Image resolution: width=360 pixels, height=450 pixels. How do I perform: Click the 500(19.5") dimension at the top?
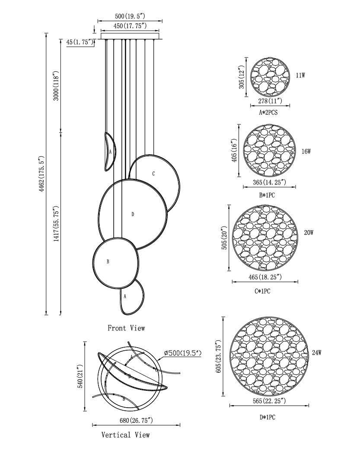130,16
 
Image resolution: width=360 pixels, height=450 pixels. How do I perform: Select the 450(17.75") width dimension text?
130,25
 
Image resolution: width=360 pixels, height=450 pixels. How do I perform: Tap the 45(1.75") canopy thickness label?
80,42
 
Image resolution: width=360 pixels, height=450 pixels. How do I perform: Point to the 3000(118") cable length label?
56,86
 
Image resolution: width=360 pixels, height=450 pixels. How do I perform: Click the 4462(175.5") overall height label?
41,174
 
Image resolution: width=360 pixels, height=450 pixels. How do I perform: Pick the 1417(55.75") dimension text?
56,224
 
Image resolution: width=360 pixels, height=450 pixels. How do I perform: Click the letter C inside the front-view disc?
153,174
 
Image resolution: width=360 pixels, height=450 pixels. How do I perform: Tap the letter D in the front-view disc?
132,214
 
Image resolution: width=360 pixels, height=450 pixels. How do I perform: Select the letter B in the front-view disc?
108,261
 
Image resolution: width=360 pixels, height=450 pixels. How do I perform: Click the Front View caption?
127,328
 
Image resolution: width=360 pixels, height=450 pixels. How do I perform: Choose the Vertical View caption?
126,435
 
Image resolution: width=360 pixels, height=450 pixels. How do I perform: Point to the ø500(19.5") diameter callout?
183,353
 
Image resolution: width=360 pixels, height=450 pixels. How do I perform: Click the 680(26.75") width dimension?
136,421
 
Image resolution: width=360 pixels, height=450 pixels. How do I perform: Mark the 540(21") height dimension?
80,376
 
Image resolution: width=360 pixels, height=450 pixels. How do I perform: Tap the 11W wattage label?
300,75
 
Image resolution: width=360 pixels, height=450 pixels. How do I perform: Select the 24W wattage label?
317,353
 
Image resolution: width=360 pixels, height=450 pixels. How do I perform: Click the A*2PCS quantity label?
268,112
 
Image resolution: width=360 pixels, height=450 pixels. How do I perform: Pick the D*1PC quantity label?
268,417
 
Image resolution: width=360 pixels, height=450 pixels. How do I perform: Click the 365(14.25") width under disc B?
270,182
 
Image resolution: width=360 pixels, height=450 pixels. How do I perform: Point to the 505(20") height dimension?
224,238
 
